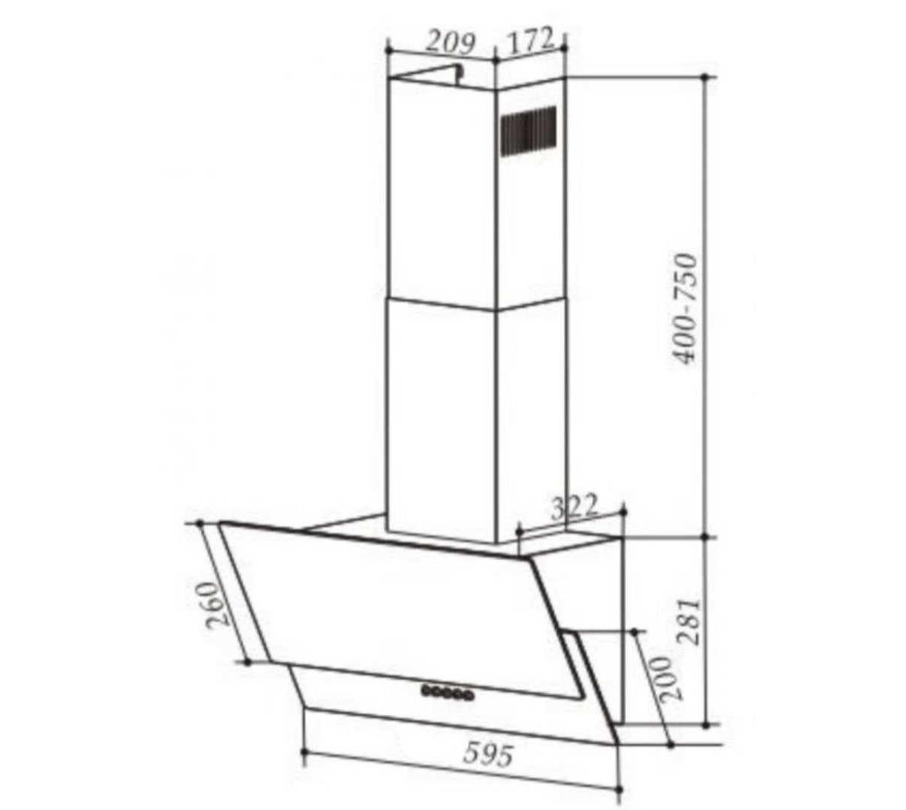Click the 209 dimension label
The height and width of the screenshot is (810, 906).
click(x=448, y=44)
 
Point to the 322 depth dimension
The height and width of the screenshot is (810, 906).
click(x=574, y=507)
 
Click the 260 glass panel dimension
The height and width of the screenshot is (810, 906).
click(x=218, y=604)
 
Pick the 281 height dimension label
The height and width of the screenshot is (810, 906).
click(x=688, y=622)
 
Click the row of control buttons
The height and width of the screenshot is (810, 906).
click(x=447, y=691)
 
